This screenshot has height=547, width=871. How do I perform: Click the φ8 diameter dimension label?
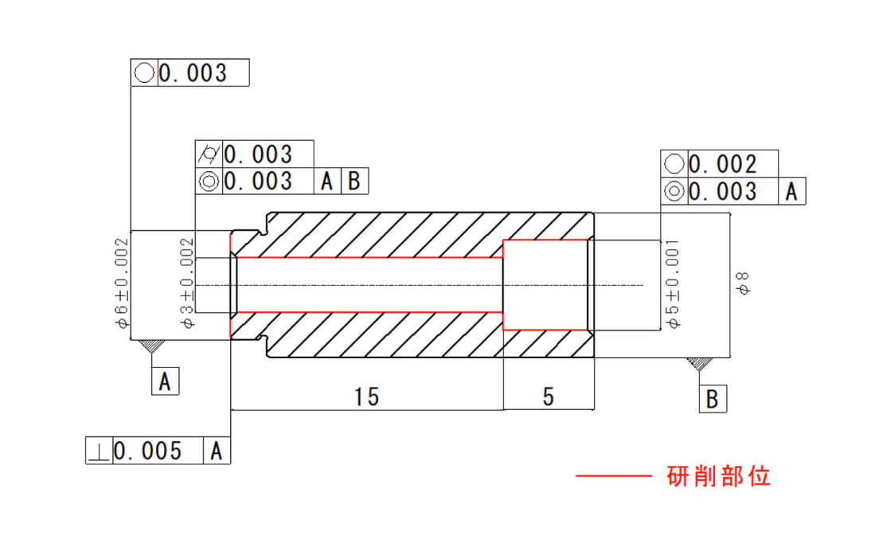pos(742,283)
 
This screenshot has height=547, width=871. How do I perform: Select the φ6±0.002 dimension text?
pos(122,283)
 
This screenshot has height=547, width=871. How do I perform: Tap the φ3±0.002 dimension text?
pos(187,283)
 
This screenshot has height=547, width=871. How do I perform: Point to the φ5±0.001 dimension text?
pos(673,284)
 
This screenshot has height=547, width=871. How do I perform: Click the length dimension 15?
pos(366,397)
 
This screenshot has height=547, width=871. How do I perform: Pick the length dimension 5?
pos(549,397)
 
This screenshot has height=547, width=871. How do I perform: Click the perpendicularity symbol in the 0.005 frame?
pos(100,451)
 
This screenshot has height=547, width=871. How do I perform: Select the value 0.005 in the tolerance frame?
pos(148,451)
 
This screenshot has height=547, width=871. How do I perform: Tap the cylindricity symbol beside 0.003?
pos(209,154)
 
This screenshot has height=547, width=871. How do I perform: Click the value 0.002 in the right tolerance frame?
pos(723,164)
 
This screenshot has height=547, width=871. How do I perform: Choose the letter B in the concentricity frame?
pos(353,182)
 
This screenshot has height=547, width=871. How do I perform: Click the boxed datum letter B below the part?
pos(712,399)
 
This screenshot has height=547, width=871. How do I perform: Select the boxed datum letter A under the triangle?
pos(165,381)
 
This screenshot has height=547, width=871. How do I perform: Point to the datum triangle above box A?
pos(152,346)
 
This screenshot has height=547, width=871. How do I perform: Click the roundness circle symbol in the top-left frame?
pos(144,72)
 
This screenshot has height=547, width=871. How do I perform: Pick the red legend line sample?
pos(613,476)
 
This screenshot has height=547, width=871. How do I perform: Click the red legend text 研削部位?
pos(719,476)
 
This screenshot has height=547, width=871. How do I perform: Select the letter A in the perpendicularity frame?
pos(217,451)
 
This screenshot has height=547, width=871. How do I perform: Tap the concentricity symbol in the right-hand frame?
pos(674,192)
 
